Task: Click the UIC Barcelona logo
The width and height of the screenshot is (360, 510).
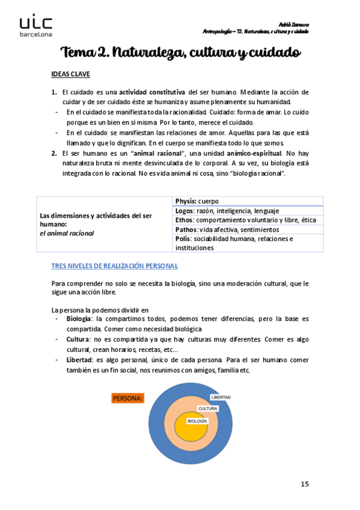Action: pos(35,26)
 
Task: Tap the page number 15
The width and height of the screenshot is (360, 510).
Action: pos(305,484)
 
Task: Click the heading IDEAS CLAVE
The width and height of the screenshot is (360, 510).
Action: pos(70,75)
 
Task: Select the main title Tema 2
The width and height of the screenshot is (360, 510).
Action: pos(180,53)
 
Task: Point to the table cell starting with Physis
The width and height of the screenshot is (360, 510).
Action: pos(248,201)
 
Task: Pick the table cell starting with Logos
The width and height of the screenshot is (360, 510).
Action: pos(248,210)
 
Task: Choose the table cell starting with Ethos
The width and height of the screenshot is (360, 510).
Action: pos(248,220)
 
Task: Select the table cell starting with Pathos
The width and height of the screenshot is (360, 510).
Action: pos(248,230)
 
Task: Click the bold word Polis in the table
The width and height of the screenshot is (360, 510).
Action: pos(183,239)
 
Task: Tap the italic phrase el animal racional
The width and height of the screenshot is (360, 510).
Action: pos(67,233)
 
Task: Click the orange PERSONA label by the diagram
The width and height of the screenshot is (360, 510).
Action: pos(127,398)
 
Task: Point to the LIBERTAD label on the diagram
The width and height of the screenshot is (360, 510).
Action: pos(221,398)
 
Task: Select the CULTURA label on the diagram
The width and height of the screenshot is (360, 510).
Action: pos(208,408)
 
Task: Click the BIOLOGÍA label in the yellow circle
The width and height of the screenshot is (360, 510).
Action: pos(197,422)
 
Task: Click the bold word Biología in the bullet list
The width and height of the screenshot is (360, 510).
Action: pos(79,318)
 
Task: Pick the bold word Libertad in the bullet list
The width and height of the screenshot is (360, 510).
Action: pos(79,360)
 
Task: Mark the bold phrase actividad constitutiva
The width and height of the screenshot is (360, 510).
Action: pos(152,92)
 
